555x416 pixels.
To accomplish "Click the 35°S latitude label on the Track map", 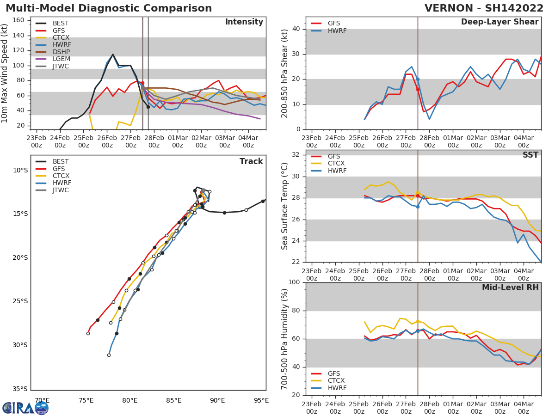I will point(20,389).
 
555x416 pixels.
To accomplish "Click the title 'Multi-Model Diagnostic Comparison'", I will point(109,8).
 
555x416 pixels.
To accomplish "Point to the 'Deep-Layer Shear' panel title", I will point(499,22).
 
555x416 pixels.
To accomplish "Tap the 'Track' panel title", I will point(251,161).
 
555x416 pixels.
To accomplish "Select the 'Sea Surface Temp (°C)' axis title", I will point(285,205).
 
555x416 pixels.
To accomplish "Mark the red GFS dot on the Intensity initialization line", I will point(142,83).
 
